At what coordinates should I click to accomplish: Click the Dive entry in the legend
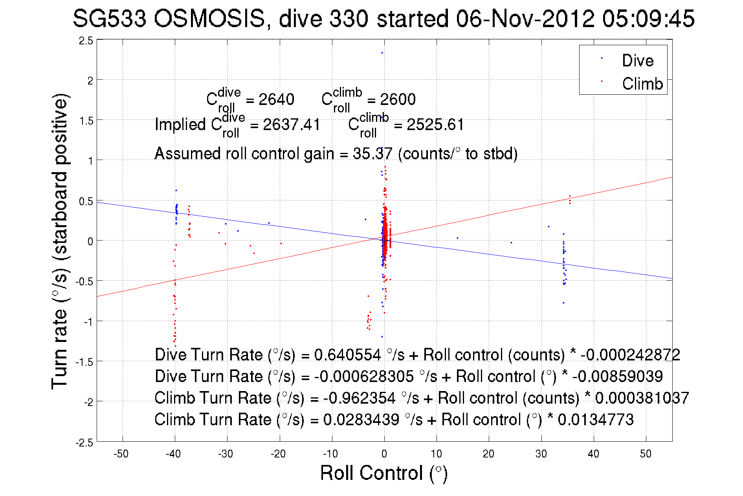pyautogui.click(x=637, y=61)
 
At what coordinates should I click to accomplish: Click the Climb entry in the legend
pyautogui.click(x=642, y=84)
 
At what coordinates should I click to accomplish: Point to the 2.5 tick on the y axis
pyautogui.click(x=86, y=40)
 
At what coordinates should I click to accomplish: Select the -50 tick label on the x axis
pyautogui.click(x=121, y=454)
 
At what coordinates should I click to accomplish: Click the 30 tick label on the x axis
pyautogui.click(x=541, y=454)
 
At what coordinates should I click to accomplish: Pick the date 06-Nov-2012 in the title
pyautogui.click(x=525, y=18)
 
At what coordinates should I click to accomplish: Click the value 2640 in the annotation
pyautogui.click(x=276, y=99)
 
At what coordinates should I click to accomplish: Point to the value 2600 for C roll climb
pyautogui.click(x=398, y=99)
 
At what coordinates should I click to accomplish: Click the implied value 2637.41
pyautogui.click(x=292, y=125)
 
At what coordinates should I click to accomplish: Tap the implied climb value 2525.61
pyautogui.click(x=435, y=125)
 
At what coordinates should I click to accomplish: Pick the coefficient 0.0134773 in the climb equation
pyautogui.click(x=596, y=420)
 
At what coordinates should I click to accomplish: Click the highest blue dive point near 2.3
pyautogui.click(x=382, y=53)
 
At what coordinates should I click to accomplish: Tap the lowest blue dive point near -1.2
pyautogui.click(x=382, y=336)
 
